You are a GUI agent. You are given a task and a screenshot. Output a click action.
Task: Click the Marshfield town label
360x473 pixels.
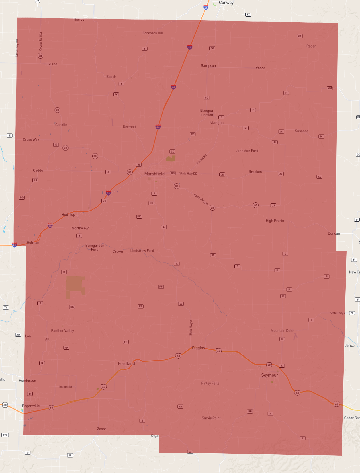click(x=154, y=174)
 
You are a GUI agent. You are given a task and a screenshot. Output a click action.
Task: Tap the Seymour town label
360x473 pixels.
click(x=269, y=375)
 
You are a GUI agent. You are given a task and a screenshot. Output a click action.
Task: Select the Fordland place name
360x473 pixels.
click(x=126, y=363)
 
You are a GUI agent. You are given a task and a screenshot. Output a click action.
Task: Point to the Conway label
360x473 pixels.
click(x=226, y=3)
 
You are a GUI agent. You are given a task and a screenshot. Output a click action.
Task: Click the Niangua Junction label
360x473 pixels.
click(x=206, y=113)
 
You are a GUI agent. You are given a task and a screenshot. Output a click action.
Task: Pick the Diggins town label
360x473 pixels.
click(x=198, y=348)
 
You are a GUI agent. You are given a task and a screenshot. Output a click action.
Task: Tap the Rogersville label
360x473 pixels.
click(x=31, y=406)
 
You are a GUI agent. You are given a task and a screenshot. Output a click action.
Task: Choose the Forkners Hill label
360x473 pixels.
click(x=153, y=33)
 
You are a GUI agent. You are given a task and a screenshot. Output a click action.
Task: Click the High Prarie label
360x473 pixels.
click(x=275, y=221)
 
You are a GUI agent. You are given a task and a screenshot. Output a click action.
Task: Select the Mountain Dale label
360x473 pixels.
click(x=282, y=330)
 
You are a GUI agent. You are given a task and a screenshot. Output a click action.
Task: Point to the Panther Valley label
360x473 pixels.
click(x=62, y=330)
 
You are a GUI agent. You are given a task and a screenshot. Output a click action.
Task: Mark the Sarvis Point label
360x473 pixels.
click(x=211, y=418)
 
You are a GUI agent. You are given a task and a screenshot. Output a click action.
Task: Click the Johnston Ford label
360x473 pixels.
click(x=247, y=151)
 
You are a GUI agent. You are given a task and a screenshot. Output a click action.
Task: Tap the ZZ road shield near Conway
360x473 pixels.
click(x=248, y=15)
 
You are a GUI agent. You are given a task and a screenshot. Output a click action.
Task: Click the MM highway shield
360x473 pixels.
click(x=330, y=88)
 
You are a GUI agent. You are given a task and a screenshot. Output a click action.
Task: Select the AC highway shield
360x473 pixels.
click(x=319, y=177)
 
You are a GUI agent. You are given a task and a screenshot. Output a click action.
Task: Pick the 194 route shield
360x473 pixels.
click(x=5, y=435)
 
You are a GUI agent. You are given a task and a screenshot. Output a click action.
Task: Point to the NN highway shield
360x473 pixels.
click(x=180, y=406)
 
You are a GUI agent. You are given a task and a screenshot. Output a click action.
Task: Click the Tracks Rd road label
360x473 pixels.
click(x=201, y=159)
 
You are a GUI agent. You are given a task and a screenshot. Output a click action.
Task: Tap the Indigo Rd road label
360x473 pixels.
click(x=66, y=387)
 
